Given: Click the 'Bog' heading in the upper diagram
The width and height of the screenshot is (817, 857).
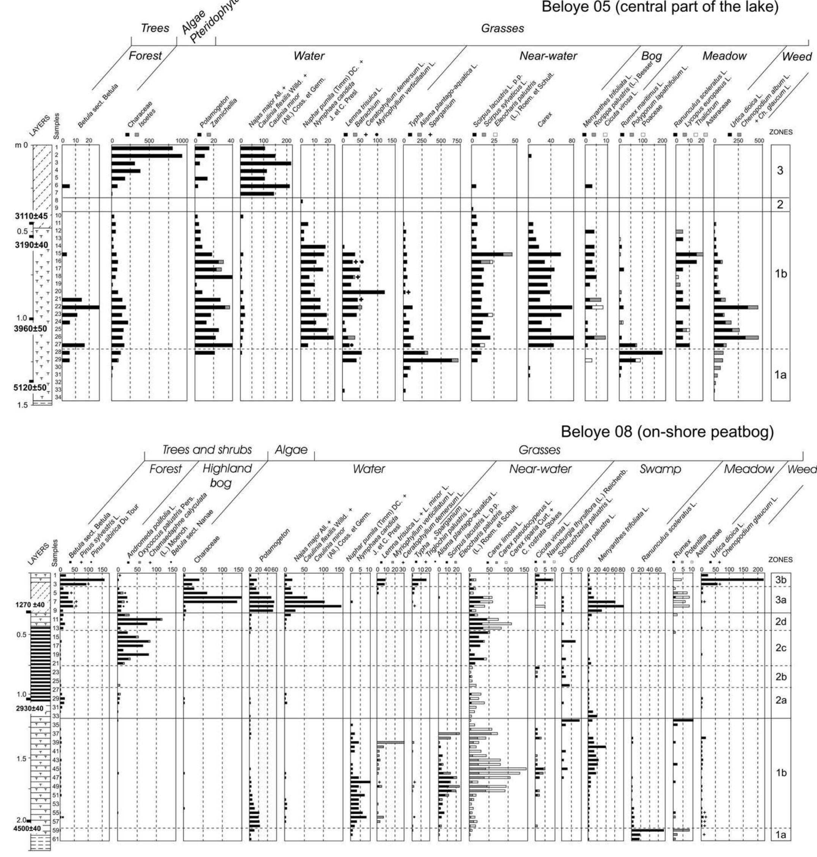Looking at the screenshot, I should pyautogui.click(x=652, y=56).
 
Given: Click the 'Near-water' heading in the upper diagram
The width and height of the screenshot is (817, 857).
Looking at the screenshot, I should pyautogui.click(x=548, y=56).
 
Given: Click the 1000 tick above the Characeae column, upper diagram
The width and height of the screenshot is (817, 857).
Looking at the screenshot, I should pyautogui.click(x=182, y=141).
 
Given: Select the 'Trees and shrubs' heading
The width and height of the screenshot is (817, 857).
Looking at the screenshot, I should pyautogui.click(x=207, y=450).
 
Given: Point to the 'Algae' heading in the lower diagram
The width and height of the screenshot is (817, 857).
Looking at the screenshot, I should pyautogui.click(x=291, y=450).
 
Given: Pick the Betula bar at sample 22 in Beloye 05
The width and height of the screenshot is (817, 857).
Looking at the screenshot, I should pyautogui.click(x=80, y=307).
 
